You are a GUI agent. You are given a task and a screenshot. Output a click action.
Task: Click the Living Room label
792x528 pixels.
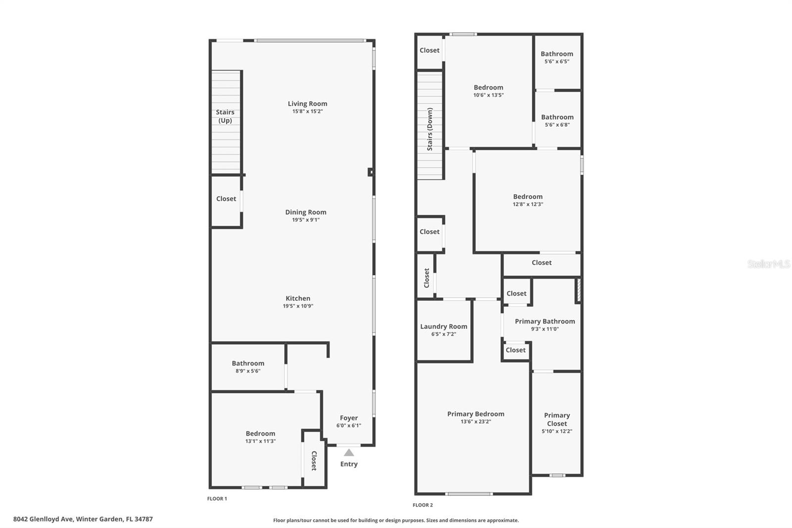[307, 104]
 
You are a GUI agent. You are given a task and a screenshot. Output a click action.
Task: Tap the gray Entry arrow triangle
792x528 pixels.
[349, 453]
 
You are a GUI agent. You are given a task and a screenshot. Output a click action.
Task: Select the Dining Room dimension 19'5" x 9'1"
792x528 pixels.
[305, 220]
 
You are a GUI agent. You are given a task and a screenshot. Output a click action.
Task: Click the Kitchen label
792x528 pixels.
[298, 298]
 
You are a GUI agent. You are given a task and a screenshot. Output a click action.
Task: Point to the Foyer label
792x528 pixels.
[348, 418]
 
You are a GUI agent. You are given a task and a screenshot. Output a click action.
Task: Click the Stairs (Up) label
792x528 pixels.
[225, 116]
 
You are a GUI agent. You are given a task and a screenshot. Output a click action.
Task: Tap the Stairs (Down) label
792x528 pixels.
[430, 129]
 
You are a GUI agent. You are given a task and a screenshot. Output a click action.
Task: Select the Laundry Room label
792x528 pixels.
[444, 326]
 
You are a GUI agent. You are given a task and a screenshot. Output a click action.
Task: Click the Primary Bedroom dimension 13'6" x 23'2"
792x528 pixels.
[476, 422]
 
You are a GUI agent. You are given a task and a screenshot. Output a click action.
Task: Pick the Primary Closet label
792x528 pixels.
[557, 419]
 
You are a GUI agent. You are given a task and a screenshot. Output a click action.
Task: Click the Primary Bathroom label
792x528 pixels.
[544, 321]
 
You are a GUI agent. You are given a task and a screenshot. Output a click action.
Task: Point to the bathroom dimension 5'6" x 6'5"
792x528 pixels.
[557, 62]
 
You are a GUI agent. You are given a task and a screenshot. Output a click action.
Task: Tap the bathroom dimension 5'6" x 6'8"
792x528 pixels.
[557, 125]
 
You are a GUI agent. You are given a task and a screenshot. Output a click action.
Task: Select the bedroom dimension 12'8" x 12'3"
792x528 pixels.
[528, 204]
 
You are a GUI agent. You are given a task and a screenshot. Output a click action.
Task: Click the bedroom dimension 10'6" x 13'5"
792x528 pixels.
[488, 95]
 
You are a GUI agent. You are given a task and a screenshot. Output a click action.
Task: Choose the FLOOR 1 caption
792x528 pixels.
[217, 499]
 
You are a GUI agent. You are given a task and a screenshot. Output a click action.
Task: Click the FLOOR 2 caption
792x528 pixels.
[423, 505]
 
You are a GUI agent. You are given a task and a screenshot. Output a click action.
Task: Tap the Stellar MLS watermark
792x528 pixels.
[768, 264]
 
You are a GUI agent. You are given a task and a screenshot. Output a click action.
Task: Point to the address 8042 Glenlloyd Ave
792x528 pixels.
[44, 519]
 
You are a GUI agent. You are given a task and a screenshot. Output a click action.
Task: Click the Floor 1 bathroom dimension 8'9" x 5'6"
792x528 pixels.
[248, 371]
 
